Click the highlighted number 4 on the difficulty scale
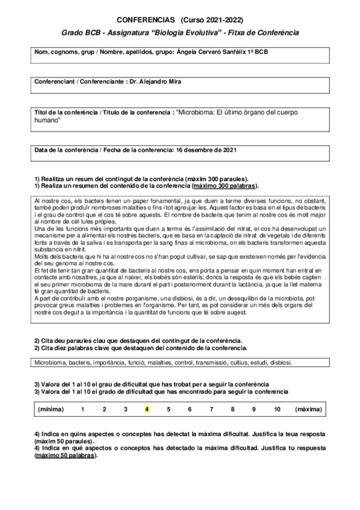tap(147, 409)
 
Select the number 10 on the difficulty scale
tap(276, 409)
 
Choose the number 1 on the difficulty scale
tap(82, 409)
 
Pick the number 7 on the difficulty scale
tap(211, 409)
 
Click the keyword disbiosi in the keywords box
tap(279, 363)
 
